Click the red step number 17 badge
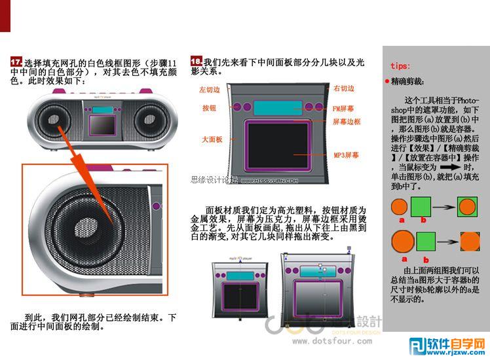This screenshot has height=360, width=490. (x=16, y=61)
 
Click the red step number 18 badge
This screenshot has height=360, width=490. (x=196, y=61)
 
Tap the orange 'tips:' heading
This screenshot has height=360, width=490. (x=400, y=66)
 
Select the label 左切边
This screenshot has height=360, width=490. (x=211, y=90)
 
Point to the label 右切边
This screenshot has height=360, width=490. (x=344, y=88)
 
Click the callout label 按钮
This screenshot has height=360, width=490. (x=209, y=107)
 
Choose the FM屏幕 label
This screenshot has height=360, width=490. (x=343, y=107)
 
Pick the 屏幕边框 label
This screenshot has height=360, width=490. (x=347, y=122)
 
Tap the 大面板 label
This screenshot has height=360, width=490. (x=211, y=139)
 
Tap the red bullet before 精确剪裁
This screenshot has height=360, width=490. (x=387, y=82)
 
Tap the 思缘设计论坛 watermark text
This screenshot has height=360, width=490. (x=214, y=179)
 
